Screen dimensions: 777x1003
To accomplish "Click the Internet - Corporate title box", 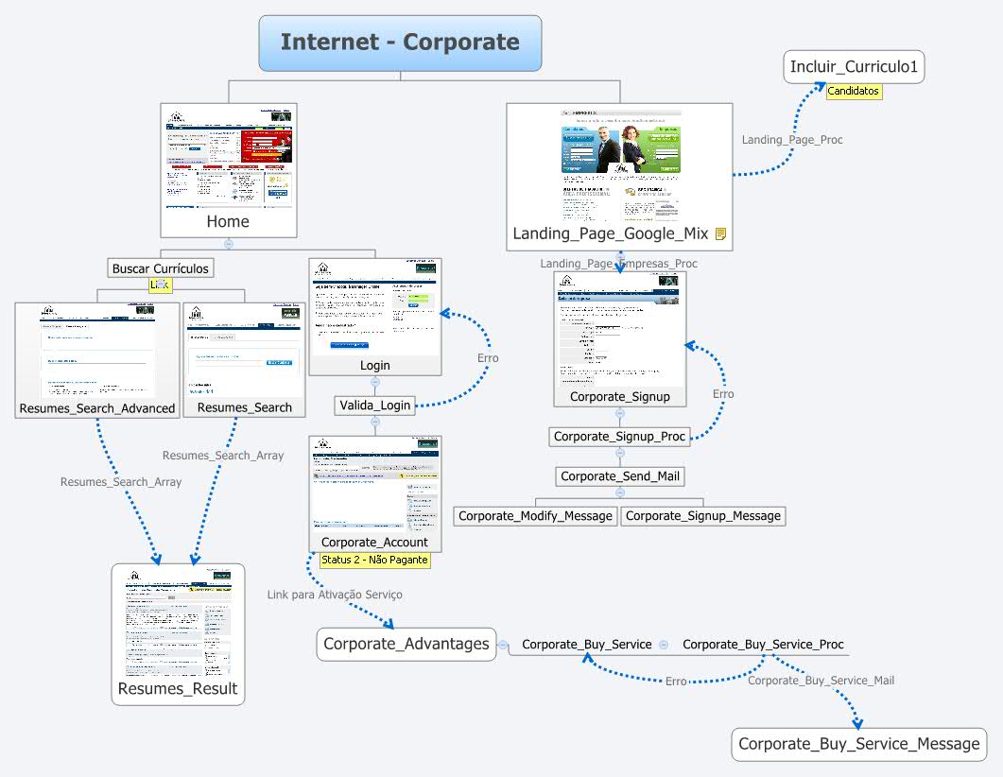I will coord(400,43).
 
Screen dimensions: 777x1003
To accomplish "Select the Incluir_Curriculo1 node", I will coord(854,67).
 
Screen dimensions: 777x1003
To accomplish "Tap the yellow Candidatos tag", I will coord(854,92).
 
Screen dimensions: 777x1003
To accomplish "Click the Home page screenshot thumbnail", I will coord(229,157).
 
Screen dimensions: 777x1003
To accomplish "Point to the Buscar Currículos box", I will coord(160,268).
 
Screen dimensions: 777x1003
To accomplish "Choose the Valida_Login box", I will coord(375,406).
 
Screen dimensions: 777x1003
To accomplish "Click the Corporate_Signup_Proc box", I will coord(619,437).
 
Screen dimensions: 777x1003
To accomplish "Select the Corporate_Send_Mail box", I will coord(619,476).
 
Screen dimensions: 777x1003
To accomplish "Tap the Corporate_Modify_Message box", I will coord(536,516).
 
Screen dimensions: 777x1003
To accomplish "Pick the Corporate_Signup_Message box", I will coord(703,516).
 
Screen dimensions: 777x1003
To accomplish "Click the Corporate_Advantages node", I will coord(406,644).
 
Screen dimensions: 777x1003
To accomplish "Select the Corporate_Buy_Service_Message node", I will coord(858,744).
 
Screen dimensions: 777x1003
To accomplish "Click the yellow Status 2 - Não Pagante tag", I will coord(374,560).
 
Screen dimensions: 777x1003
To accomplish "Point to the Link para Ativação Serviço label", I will coord(335,595).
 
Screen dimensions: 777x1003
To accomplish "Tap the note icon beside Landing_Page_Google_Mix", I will coord(720,233).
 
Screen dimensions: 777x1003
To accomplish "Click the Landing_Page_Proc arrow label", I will coord(791,140).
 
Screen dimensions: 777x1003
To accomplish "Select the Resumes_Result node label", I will coord(178,688).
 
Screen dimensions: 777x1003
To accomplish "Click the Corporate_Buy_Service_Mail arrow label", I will coord(821,681).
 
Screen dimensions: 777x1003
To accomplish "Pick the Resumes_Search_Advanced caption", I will coord(97,408).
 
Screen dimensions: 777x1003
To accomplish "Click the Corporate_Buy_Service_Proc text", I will coord(763,645).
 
